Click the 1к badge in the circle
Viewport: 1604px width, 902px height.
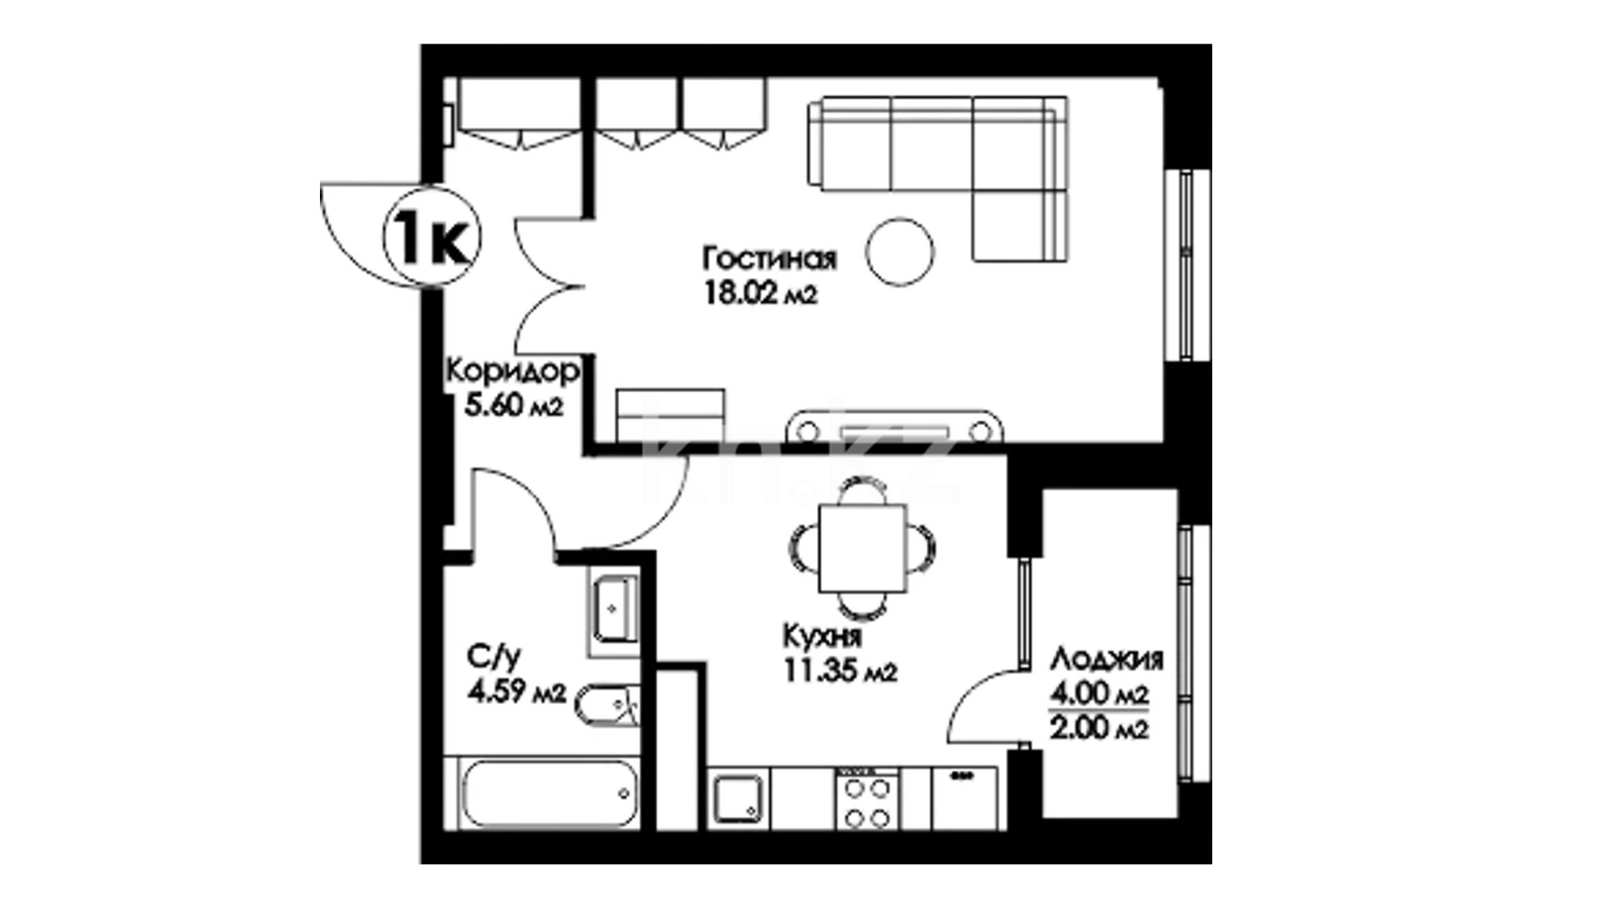point(432,239)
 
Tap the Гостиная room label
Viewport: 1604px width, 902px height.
point(769,258)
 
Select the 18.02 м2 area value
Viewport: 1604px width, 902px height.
point(760,293)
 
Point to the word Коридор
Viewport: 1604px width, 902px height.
point(513,371)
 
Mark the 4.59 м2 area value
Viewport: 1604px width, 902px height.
point(517,692)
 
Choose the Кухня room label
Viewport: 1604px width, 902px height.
point(822,636)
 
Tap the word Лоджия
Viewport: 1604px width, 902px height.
point(1107,660)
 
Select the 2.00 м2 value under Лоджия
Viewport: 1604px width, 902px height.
point(1099,728)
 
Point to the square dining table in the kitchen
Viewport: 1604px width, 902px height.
point(861,548)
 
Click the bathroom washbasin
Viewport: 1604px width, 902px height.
point(615,610)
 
